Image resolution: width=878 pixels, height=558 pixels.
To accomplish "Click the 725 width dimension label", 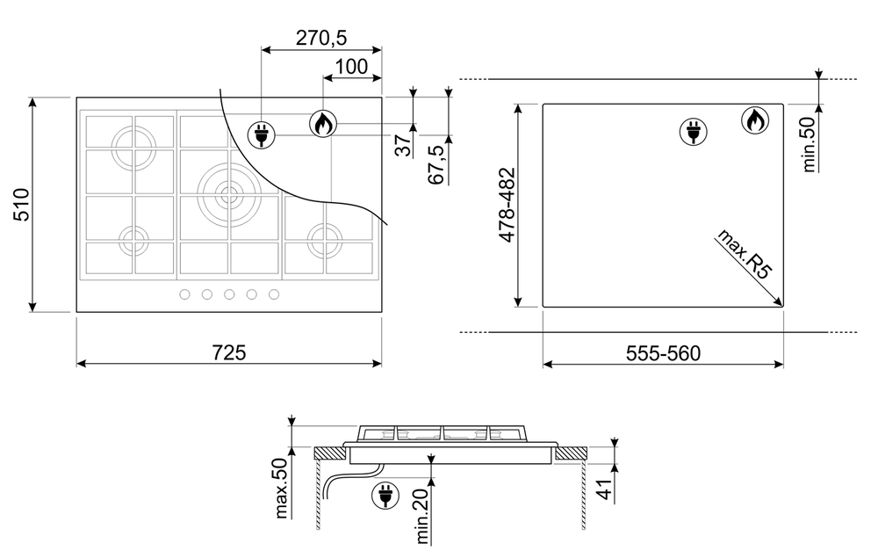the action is coord(229,352).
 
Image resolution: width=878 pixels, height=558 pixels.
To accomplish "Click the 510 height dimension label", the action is coord(21,205).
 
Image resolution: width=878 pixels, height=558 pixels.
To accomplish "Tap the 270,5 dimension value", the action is coord(321,38).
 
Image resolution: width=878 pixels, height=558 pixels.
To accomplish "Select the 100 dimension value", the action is coord(351,67).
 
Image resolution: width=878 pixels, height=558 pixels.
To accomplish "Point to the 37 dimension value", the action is coord(404,145).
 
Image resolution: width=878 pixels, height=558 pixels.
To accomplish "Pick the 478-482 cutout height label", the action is coord(507,205).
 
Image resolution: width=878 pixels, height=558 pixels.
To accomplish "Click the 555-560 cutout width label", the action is coord(663,353).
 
